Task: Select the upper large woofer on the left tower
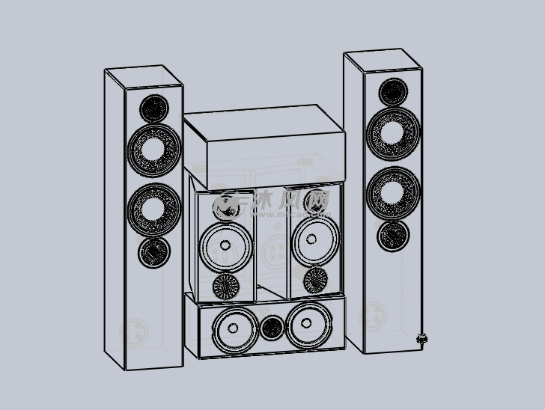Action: point(154,149)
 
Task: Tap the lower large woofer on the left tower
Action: point(154,206)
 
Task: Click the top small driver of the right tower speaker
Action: point(394,92)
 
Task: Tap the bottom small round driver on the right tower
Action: point(394,235)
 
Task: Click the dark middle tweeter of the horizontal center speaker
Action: point(272,327)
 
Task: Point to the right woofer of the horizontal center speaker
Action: point(307,327)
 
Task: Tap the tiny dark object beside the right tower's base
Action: point(421,339)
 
